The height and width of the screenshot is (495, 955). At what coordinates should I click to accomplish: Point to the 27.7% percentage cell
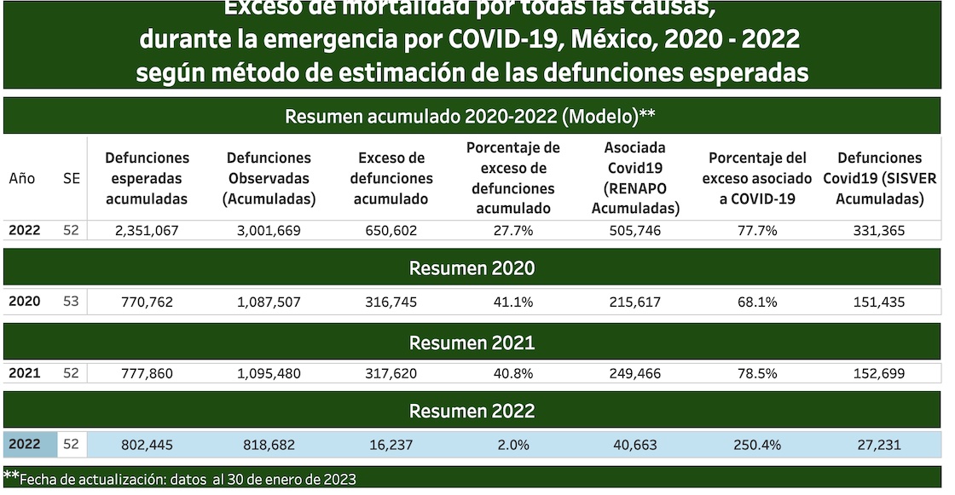click(x=513, y=231)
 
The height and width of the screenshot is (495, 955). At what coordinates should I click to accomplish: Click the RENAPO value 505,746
click(x=635, y=231)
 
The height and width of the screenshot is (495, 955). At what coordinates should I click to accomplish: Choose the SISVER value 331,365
click(x=880, y=231)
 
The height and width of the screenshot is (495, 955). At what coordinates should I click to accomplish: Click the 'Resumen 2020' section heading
click(x=472, y=268)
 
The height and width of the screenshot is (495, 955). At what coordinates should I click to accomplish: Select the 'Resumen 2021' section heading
click(x=472, y=342)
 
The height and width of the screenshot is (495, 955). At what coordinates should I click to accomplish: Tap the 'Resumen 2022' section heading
click(x=472, y=411)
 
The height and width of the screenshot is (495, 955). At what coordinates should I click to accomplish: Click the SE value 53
click(x=72, y=302)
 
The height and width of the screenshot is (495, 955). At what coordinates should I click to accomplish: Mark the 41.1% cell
click(x=513, y=302)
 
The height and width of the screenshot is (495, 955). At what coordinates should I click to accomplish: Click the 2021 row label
click(x=24, y=372)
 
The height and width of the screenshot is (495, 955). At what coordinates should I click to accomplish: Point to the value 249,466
click(x=635, y=372)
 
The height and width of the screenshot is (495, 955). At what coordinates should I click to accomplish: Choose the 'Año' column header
click(x=22, y=179)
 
